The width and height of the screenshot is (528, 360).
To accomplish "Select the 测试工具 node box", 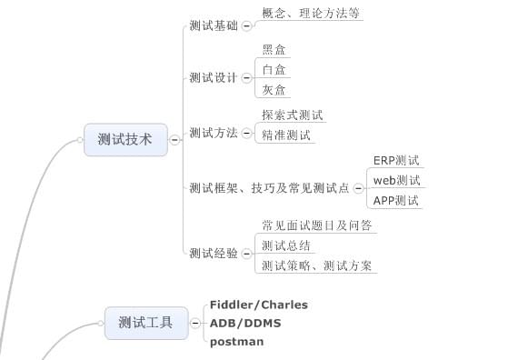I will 146,322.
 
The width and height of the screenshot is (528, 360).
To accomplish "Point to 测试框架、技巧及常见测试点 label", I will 269,188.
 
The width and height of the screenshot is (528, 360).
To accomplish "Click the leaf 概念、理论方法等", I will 311,13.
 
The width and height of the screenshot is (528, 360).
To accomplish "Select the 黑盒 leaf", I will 274,50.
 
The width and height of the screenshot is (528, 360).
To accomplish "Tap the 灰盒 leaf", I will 274,89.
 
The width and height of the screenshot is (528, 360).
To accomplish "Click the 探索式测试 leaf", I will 292,115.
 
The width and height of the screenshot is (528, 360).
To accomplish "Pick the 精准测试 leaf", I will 286,135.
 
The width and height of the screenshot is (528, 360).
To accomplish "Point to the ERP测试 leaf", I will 396,160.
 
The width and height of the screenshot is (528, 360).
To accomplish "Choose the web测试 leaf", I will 396,180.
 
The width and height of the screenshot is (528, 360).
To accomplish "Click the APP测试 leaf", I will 396,200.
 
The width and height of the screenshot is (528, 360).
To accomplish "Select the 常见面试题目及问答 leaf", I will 314,225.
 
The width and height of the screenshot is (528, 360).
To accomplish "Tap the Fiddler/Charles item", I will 258,305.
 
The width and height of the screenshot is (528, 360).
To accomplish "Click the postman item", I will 236,342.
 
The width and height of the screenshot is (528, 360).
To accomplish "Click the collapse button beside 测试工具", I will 194,322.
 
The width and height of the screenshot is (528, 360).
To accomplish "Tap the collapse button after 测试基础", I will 246,27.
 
